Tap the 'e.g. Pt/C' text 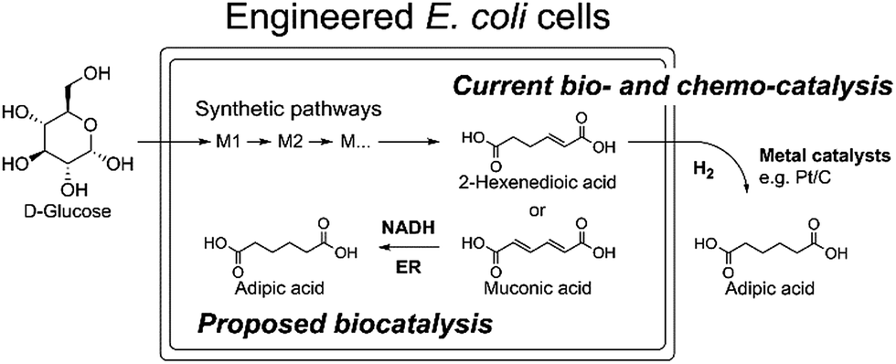pyautogui.click(x=802, y=179)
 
